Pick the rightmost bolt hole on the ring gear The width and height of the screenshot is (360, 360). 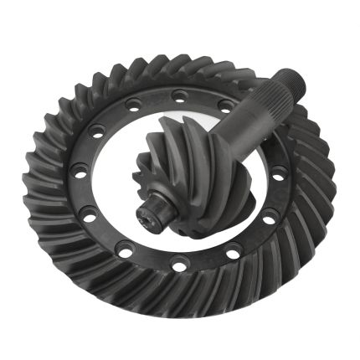click(277, 177)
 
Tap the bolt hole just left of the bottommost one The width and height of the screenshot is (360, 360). click(127, 250)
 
